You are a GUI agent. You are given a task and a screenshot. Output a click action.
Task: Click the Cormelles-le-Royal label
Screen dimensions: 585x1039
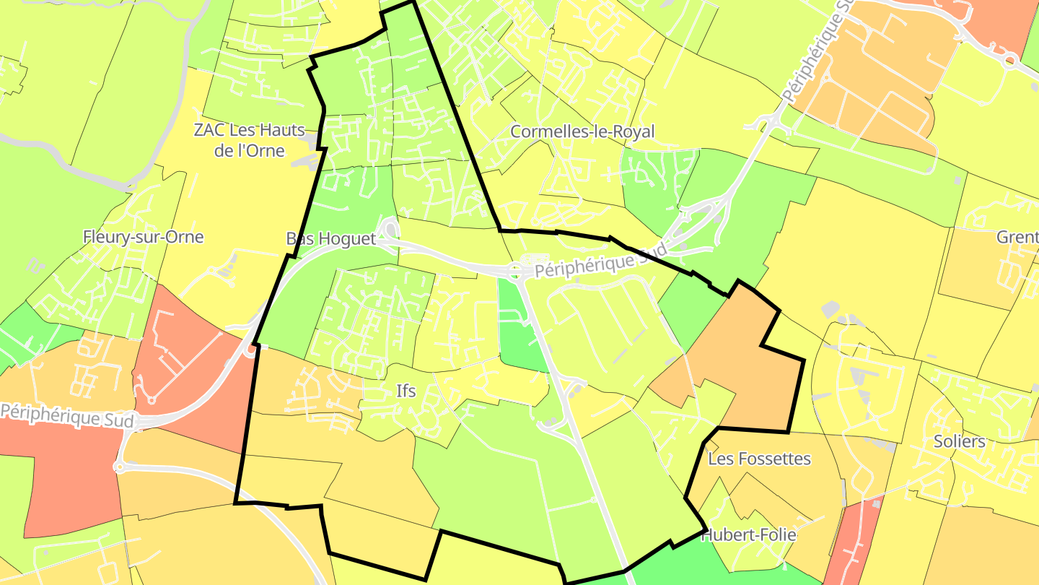pyautogui.click(x=582, y=131)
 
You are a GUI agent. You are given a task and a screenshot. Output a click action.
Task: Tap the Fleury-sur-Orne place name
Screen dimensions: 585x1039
pyautogui.click(x=143, y=237)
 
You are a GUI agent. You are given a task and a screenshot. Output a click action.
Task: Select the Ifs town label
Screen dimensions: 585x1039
pyautogui.click(x=406, y=391)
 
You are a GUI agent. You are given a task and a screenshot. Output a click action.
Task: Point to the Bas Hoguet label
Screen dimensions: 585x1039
pyautogui.click(x=331, y=239)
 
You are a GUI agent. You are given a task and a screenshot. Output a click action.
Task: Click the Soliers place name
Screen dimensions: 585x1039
pyautogui.click(x=959, y=441)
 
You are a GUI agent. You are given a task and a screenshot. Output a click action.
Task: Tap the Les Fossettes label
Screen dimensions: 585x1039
pyautogui.click(x=759, y=459)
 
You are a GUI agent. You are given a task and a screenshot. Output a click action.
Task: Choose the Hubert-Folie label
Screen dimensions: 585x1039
pyautogui.click(x=749, y=535)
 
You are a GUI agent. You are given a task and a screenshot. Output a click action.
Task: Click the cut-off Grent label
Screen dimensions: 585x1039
pyautogui.click(x=1017, y=238)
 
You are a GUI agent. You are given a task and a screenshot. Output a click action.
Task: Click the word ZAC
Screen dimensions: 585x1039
pyautogui.click(x=208, y=131)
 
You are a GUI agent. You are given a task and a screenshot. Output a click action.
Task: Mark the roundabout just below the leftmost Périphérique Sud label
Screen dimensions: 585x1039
pyautogui.click(x=119, y=467)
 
